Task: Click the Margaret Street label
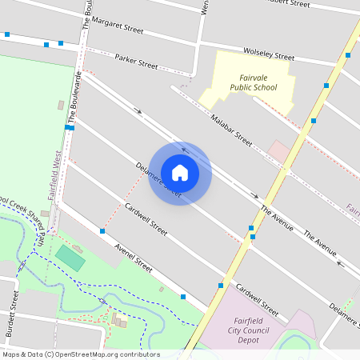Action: click(117, 29)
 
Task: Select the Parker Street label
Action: click(137, 60)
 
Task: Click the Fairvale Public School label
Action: click(253, 82)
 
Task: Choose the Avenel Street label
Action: click(133, 258)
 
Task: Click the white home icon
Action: click(180, 172)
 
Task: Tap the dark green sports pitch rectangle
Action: click(70, 258)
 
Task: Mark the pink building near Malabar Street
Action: click(279, 150)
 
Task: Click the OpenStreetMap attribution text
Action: click(81, 354)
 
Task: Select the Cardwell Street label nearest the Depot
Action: click(256, 298)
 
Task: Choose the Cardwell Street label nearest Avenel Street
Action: click(146, 218)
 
